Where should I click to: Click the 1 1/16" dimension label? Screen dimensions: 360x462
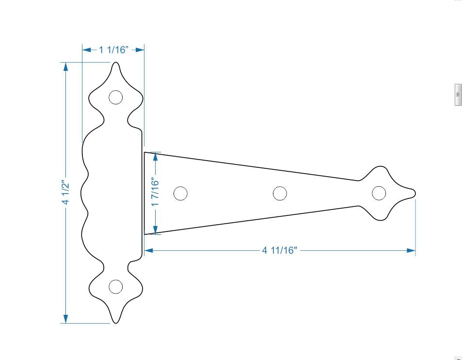click(114, 49)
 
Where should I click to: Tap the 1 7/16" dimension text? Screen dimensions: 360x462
click(155, 192)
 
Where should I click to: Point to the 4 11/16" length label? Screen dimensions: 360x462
click(279, 250)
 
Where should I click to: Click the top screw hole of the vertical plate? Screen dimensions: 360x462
click(115, 98)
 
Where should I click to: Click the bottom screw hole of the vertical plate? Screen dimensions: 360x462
click(115, 287)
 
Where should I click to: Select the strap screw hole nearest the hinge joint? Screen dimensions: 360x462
click(180, 193)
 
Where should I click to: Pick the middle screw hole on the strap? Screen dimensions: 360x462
click(280, 193)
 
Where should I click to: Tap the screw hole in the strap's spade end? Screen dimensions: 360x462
click(379, 193)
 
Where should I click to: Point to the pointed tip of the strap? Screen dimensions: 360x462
click(414, 194)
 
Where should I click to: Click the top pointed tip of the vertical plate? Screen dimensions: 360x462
click(115, 63)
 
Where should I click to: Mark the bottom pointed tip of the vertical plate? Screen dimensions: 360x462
click(115, 322)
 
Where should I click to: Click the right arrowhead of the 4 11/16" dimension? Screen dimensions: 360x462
click(412, 250)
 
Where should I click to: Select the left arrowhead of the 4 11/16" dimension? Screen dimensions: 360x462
click(148, 250)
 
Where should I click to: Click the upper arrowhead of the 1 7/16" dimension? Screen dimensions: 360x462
click(155, 156)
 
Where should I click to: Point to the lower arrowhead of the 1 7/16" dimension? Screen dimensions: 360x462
click(155, 230)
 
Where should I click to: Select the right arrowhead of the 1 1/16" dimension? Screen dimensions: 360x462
click(141, 49)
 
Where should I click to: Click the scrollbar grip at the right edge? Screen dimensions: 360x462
click(458, 95)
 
